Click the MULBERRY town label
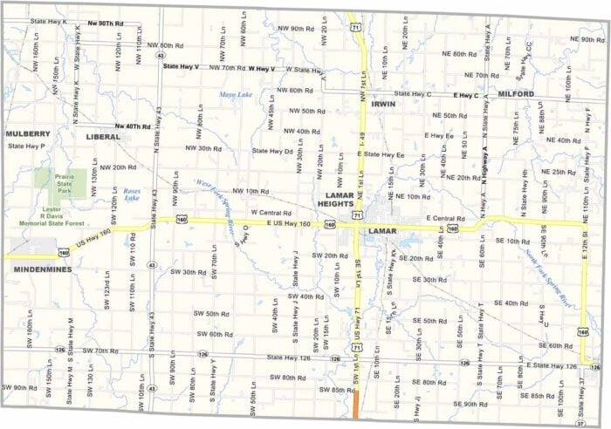click(28, 133)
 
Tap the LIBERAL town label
click(103, 137)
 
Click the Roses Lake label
click(132, 194)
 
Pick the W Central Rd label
click(270, 212)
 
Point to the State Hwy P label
click(26, 146)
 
